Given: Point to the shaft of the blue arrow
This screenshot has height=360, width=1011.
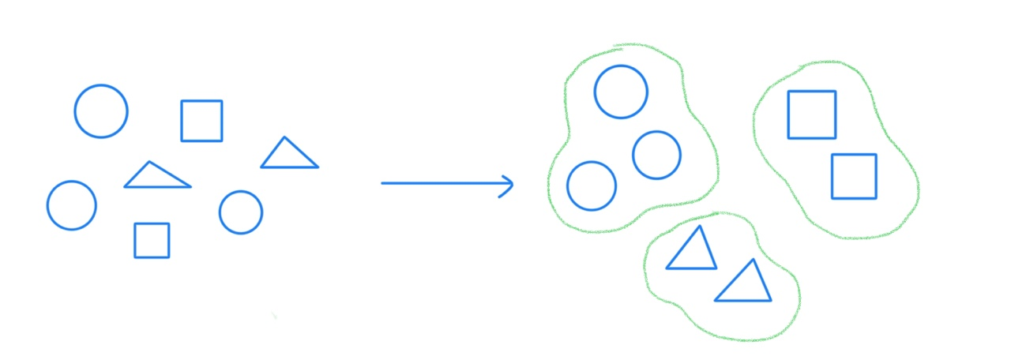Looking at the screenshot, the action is click(x=442, y=183).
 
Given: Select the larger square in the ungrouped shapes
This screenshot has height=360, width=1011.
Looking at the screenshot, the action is click(x=201, y=121).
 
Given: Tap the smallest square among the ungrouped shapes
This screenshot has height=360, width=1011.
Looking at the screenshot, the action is click(x=152, y=240).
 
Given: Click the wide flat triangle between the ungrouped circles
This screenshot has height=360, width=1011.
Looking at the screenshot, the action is click(x=156, y=177).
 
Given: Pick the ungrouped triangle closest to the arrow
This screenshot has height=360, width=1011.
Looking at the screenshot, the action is click(x=289, y=156).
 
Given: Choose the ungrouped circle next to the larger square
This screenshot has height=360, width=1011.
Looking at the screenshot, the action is click(x=101, y=111).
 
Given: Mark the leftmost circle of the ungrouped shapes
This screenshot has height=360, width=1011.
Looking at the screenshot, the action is click(x=72, y=205).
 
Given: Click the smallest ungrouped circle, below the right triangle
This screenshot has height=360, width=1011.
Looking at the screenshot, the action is click(x=241, y=212).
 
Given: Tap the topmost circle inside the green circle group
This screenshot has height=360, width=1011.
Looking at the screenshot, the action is click(x=621, y=92).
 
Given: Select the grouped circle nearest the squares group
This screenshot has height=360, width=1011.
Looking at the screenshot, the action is click(x=656, y=155).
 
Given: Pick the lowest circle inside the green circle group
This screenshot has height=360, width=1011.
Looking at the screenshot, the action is click(x=592, y=186).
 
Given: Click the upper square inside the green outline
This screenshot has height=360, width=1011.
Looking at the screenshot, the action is click(x=812, y=114).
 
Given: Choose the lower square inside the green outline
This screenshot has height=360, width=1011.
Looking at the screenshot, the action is click(x=854, y=176).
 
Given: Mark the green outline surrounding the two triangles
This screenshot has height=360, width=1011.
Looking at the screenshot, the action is click(x=798, y=300).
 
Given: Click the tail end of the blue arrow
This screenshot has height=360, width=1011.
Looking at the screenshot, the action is click(x=383, y=183).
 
